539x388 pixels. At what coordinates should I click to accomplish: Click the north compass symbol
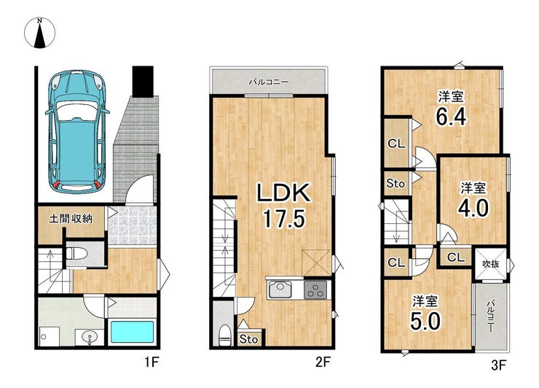point(39,33)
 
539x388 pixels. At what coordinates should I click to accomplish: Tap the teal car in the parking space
point(77,131)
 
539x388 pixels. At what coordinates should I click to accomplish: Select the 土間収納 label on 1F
point(71,219)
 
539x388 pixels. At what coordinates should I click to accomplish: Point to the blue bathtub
point(131,332)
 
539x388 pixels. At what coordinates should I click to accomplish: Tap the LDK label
point(284,193)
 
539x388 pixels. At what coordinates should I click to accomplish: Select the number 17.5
point(284,219)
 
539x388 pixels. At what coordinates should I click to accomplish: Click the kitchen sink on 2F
point(280,290)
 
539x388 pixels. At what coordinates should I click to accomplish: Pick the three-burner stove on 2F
point(316,290)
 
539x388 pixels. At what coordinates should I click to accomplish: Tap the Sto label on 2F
point(248,339)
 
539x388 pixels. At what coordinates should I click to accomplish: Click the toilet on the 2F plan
point(224,335)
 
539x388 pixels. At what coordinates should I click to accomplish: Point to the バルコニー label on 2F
point(269,82)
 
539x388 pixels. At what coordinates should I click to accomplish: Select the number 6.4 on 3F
point(451,117)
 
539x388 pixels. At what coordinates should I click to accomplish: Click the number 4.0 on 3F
point(473,208)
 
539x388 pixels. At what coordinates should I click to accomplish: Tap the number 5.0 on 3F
point(425,321)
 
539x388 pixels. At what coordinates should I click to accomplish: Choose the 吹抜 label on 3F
point(490,264)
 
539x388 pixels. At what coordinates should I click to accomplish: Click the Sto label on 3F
point(396,184)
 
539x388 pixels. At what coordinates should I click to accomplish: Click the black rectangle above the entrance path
point(143,81)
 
